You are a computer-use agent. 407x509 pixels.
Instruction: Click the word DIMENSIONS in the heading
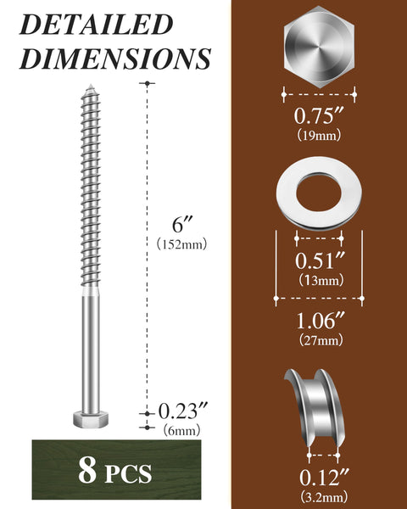114,58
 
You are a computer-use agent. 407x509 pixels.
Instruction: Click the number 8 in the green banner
86,471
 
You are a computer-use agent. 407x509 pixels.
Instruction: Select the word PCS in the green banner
128,473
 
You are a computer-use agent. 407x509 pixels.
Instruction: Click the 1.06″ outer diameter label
319,322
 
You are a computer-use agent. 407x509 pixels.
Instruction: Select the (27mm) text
319,341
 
